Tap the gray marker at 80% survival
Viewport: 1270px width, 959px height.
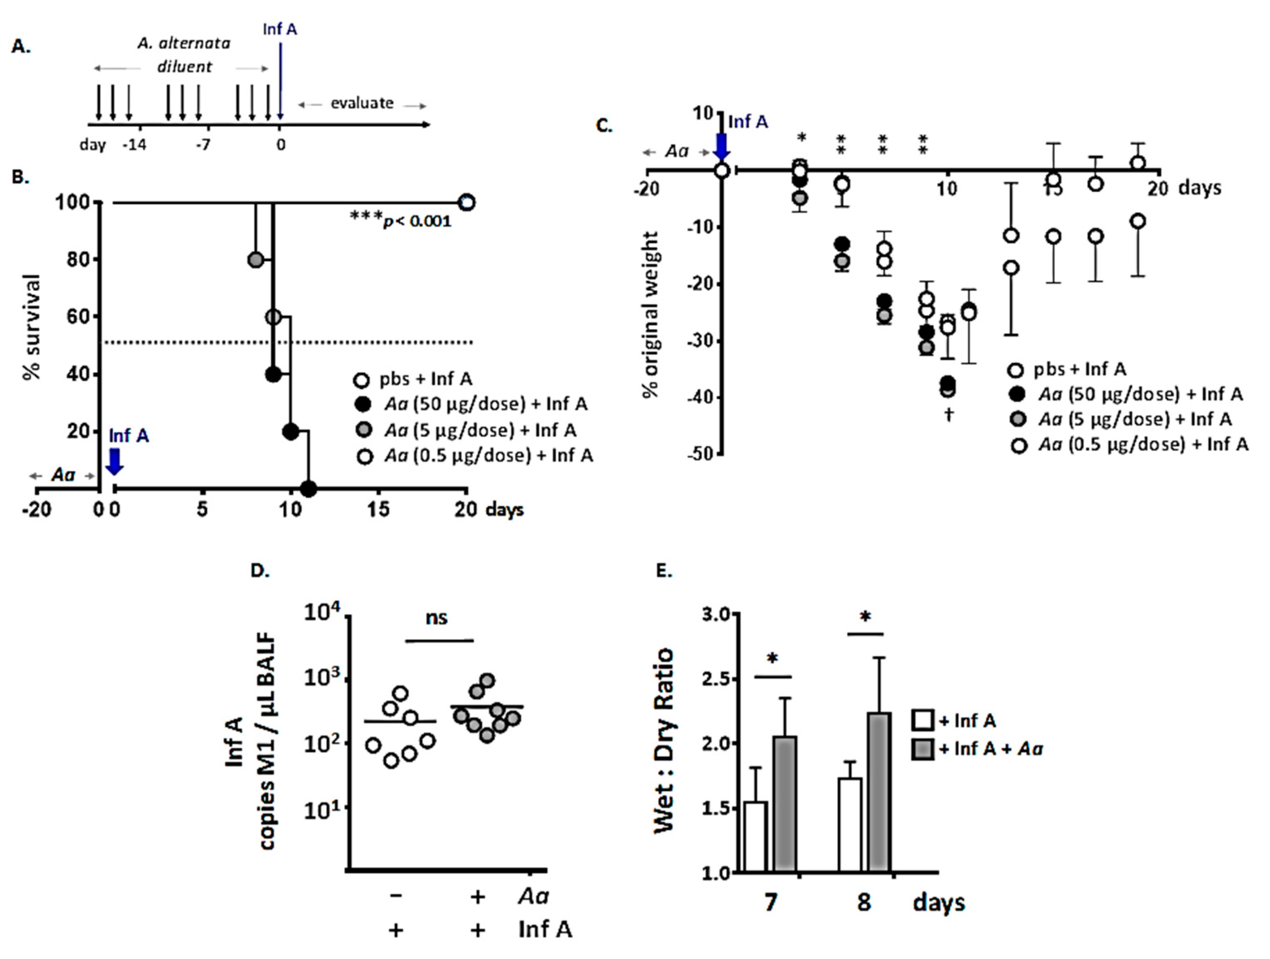click(x=255, y=260)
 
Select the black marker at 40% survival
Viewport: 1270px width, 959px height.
click(x=273, y=375)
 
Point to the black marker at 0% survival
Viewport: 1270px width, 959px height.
click(x=308, y=489)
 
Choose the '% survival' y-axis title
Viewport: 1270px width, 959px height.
click(x=32, y=327)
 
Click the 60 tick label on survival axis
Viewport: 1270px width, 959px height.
click(x=79, y=317)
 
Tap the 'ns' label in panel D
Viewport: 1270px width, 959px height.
click(x=437, y=618)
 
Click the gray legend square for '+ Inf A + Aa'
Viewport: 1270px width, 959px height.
click(x=923, y=749)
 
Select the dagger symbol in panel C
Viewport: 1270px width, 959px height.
click(x=949, y=414)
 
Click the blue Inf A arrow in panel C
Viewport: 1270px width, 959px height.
click(x=721, y=147)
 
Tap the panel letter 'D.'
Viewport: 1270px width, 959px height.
click(x=260, y=571)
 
